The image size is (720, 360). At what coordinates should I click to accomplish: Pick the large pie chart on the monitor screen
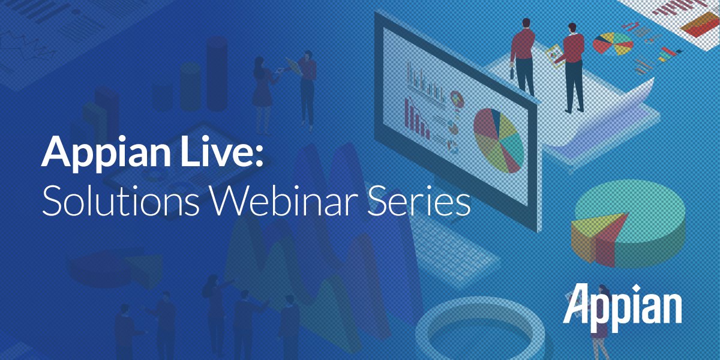tap(499, 140)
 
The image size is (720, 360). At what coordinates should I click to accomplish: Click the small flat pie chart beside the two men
tap(612, 43)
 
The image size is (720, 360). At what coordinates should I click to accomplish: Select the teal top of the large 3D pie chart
tap(636, 213)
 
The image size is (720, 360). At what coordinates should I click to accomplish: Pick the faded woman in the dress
tap(262, 90)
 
